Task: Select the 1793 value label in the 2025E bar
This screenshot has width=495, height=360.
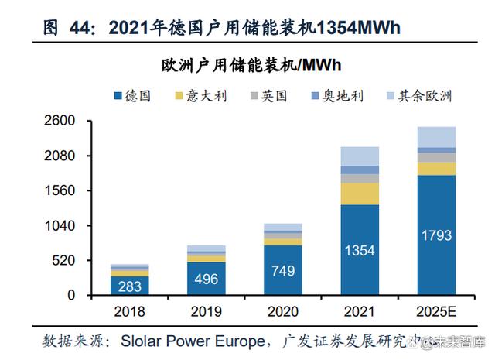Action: [435, 235]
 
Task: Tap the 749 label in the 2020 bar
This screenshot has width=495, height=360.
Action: [282, 270]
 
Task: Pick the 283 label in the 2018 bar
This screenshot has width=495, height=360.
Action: [129, 286]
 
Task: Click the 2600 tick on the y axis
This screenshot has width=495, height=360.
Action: [59, 121]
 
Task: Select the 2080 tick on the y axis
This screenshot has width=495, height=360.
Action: [59, 156]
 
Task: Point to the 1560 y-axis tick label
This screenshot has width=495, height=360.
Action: [59, 190]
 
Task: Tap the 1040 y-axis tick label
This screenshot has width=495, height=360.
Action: [59, 225]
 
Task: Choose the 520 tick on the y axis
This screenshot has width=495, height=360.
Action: [63, 260]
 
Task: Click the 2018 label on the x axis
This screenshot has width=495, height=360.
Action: [129, 314]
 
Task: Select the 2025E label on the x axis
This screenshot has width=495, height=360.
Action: [435, 314]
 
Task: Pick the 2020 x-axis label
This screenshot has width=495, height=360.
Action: [282, 314]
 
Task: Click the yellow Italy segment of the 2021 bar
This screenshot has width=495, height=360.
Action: [359, 194]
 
